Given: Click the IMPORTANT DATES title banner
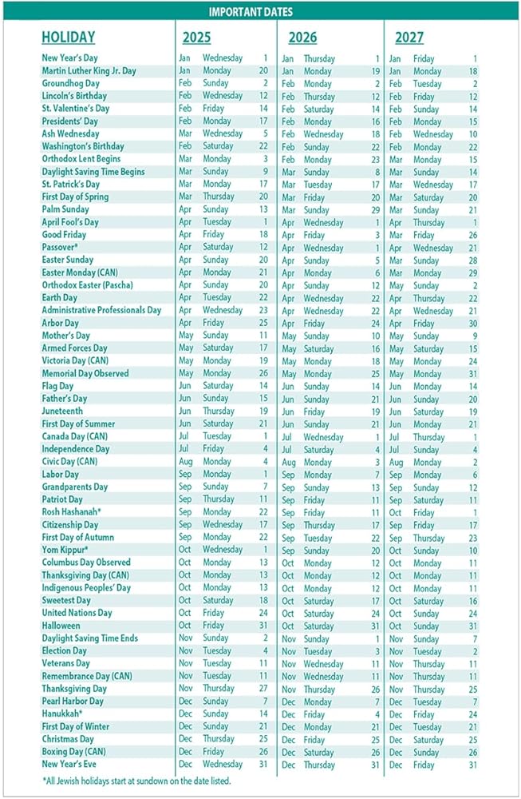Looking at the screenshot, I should [x=250, y=12].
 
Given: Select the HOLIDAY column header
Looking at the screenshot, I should [x=68, y=38].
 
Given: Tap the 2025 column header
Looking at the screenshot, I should [x=196, y=38].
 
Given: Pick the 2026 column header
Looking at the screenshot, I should [x=302, y=38].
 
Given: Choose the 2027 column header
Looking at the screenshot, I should [x=409, y=38].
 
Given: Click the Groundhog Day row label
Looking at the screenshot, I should [x=70, y=83].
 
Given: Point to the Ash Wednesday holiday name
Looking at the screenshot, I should [x=70, y=133].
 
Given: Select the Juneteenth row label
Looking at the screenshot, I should [x=62, y=411].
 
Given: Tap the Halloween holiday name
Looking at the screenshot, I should [x=61, y=626].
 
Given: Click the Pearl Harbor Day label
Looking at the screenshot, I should [x=73, y=701].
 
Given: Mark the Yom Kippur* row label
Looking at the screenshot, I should [x=65, y=550].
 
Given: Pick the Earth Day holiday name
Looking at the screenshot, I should [x=60, y=297].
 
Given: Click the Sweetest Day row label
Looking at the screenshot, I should [x=66, y=600].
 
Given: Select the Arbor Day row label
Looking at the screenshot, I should [x=60, y=323].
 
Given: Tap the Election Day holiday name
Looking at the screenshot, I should [x=65, y=650].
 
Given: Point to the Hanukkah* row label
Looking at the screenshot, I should [x=62, y=714].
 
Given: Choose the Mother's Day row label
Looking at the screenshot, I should [x=65, y=336].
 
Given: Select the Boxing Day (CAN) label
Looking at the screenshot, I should [x=73, y=751].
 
